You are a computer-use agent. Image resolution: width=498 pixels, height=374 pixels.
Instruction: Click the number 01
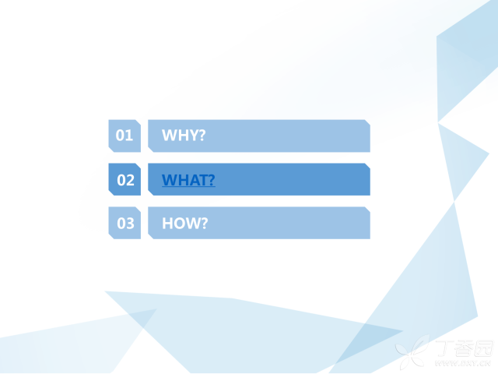pos(124,136)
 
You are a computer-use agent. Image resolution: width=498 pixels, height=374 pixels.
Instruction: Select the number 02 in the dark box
pos(125,180)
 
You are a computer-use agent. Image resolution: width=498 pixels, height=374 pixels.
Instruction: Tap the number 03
pos(125,224)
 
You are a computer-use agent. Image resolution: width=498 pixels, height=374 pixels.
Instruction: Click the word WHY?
pos(184,136)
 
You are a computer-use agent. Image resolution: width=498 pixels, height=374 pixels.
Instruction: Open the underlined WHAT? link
pos(188,180)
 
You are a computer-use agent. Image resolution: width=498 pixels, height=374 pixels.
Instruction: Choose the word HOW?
pos(185,224)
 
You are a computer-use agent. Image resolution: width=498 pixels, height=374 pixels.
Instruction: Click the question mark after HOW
pos(204,224)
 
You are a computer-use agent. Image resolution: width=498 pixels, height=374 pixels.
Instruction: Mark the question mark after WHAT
pos(212,180)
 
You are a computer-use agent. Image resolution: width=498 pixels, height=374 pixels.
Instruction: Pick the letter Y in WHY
pos(193,136)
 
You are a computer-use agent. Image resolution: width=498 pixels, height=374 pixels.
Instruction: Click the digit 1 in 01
pos(129,136)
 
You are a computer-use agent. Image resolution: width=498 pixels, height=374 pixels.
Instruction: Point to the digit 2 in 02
pos(130,180)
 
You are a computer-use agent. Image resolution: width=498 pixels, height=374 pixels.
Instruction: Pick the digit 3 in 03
pos(130,224)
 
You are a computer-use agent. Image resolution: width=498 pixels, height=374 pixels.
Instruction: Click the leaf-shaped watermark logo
pos(413,352)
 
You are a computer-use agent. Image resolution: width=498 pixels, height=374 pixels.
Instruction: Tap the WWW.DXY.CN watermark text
pos(464,363)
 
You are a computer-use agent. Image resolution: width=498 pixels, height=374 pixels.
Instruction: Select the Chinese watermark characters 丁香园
pos(465,348)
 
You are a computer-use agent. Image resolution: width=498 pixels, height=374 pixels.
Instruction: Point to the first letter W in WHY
pos(169,136)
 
